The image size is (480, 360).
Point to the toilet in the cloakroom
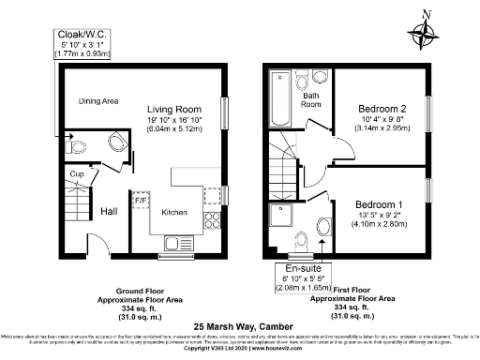point(77,144)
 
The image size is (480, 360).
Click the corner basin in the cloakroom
point(118,143)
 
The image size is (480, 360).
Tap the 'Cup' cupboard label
point(78,172)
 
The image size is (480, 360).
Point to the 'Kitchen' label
point(175,212)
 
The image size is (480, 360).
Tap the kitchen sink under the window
point(175,245)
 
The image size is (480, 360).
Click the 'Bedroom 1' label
point(380,203)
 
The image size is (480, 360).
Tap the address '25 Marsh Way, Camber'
point(240,326)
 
